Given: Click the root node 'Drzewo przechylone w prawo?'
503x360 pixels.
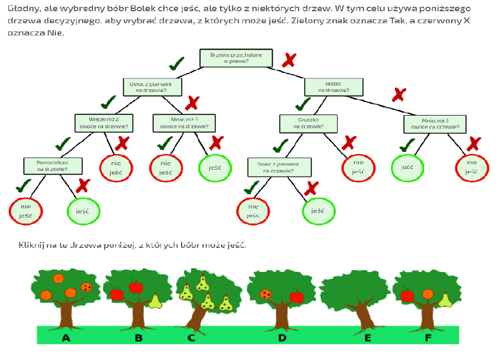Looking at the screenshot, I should pos(236,58).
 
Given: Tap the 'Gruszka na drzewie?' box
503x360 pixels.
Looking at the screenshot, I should pos(308,123).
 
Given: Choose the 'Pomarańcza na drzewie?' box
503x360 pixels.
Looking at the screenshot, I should pos(53,165).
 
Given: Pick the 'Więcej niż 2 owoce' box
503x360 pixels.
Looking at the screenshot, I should pos(104,123).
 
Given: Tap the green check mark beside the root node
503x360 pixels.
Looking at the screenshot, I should pos(177,63).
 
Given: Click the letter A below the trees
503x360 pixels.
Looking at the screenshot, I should pos(66,337).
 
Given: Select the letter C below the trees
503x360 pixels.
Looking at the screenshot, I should pos(191,337).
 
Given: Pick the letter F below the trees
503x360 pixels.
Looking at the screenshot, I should pos(428,337).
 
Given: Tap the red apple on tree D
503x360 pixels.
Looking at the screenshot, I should pos(296,297).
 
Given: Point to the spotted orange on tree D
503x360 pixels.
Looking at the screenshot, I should pos(267,293).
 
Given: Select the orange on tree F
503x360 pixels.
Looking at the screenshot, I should pos(428,293).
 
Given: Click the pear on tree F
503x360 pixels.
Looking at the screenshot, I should pos(445,300).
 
